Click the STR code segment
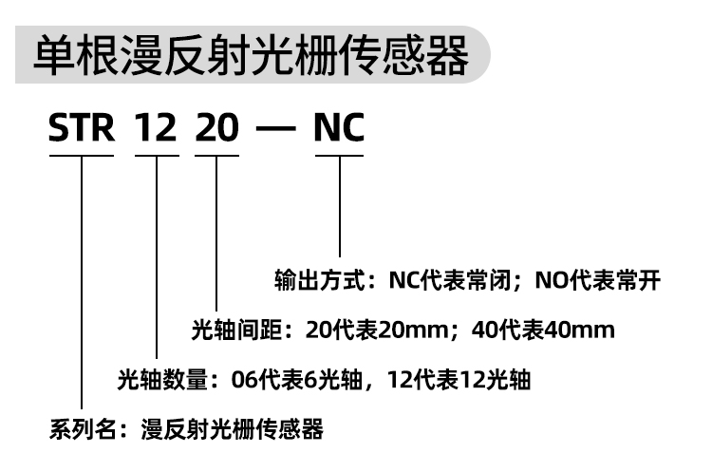82,128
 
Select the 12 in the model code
156,128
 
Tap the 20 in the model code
216,128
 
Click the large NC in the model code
339,128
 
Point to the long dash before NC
276,128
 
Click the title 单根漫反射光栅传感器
251,55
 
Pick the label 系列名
83,429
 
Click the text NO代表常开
597,280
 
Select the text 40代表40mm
543,330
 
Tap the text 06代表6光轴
296,379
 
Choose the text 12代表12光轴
459,379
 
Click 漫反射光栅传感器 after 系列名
232,429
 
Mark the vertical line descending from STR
82,283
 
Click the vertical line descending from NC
340,207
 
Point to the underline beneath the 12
157,156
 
